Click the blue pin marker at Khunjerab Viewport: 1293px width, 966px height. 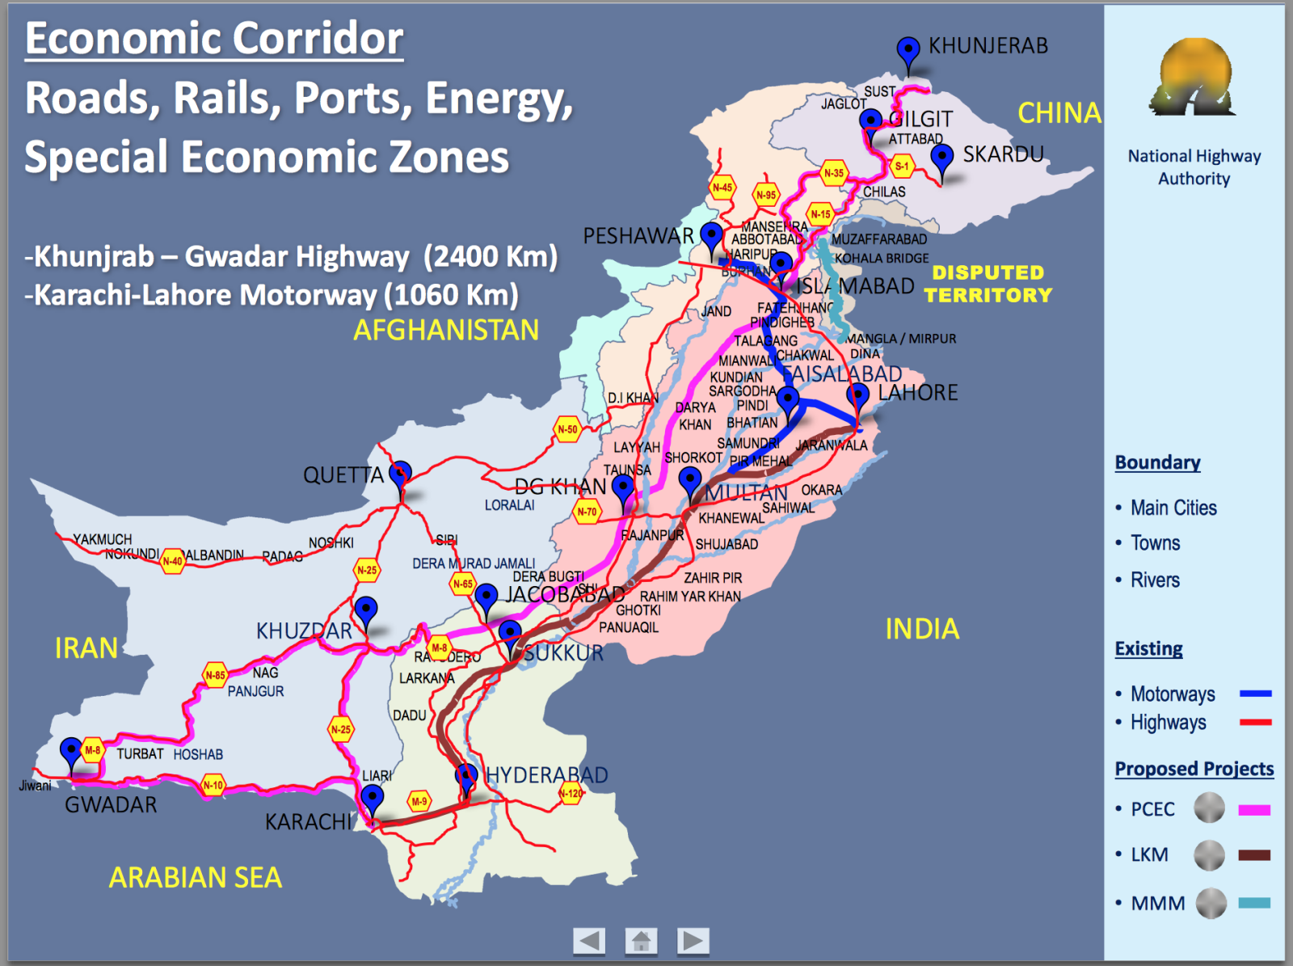tap(908, 51)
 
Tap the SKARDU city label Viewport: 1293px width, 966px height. tap(1003, 154)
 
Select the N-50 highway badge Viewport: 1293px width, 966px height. tap(567, 429)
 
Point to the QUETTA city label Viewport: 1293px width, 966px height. tap(343, 475)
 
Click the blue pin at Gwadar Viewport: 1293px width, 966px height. tap(71, 752)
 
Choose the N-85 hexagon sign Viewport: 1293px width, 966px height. tap(215, 675)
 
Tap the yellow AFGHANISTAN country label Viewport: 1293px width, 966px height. tap(445, 330)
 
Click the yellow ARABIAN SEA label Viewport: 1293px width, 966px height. tap(196, 877)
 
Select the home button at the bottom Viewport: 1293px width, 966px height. tap(641, 940)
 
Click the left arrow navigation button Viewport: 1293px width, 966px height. tap(589, 940)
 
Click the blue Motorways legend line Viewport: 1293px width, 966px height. tap(1255, 694)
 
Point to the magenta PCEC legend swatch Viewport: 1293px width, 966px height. tap(1254, 810)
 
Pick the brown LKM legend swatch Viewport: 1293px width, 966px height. tap(1254, 855)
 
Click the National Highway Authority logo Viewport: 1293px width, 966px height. tap(1194, 78)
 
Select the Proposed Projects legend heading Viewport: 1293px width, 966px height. tap(1194, 769)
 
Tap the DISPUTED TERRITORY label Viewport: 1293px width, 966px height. tap(988, 284)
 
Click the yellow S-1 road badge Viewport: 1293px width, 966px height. tap(901, 167)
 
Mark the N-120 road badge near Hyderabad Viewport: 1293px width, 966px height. tap(571, 793)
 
